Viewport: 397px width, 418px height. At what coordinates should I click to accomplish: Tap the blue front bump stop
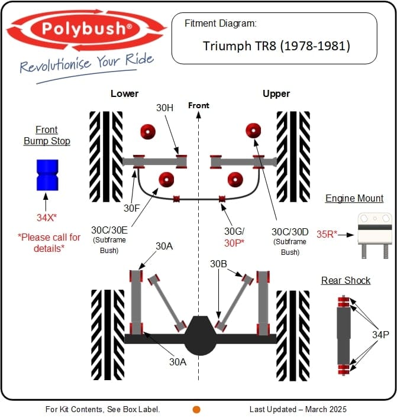pos(45,175)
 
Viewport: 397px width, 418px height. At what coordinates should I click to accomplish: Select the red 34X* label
pos(46,218)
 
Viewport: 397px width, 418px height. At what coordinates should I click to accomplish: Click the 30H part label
pos(165,108)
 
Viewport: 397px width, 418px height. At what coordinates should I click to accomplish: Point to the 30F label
pos(131,208)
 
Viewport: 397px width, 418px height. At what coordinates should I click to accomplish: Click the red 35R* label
pos(327,234)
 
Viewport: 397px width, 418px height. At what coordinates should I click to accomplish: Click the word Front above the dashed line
pos(198,105)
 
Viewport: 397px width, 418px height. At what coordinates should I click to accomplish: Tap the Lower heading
pos(124,93)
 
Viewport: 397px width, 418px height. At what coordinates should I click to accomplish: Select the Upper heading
pos(276,93)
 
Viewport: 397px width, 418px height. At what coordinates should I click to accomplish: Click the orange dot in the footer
pos(196,409)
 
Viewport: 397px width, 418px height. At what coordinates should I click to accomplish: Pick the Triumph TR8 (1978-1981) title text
pos(276,46)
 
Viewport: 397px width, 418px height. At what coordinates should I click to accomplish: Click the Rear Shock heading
pos(346,280)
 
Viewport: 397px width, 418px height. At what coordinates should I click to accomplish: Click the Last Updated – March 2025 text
pos(298,409)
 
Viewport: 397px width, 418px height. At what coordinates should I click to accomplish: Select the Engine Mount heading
pos(354,199)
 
